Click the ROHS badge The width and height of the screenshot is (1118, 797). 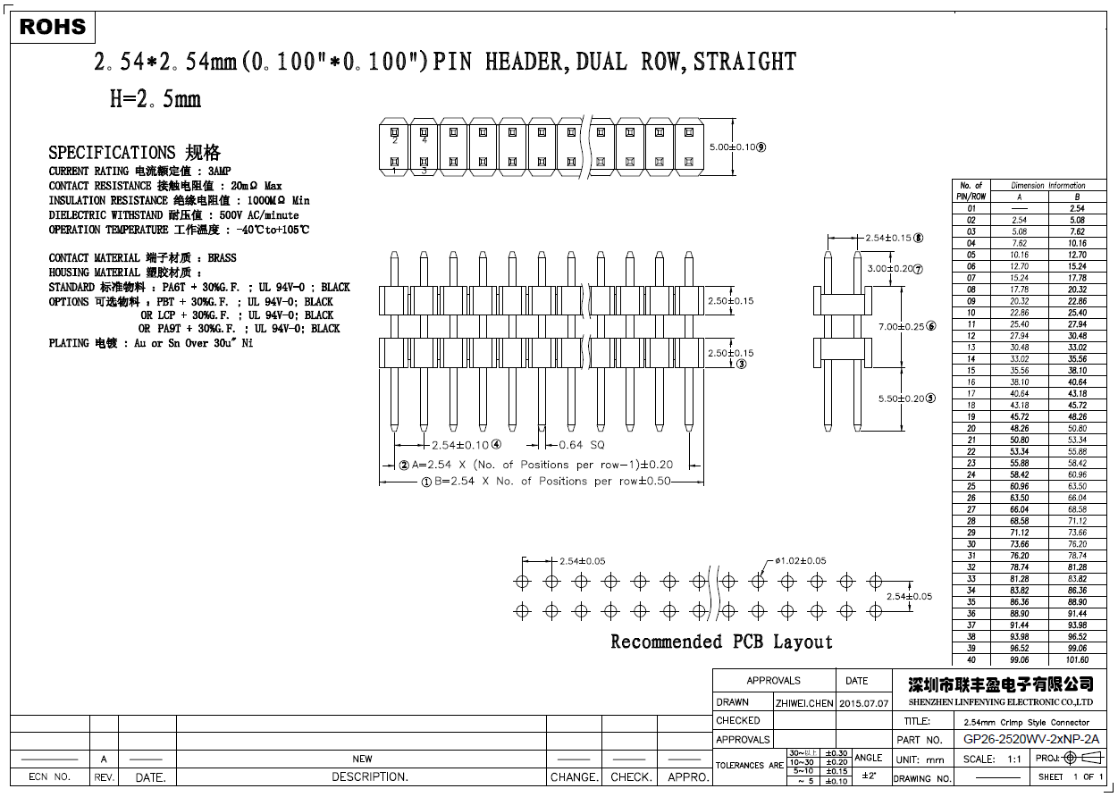53,28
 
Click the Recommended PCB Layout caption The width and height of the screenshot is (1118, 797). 720,642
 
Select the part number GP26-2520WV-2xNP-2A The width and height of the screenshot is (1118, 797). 1030,740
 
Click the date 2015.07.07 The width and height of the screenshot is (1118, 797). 864,703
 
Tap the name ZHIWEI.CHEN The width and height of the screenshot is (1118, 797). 803,703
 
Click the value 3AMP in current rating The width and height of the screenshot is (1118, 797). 220,171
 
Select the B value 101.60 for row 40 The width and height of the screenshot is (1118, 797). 1077,660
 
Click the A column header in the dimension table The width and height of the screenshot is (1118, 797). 1019,197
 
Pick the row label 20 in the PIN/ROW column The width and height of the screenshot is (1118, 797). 971,428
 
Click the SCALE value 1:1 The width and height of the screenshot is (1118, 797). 1014,759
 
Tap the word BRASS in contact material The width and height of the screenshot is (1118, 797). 222,258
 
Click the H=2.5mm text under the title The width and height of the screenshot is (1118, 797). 155,99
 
